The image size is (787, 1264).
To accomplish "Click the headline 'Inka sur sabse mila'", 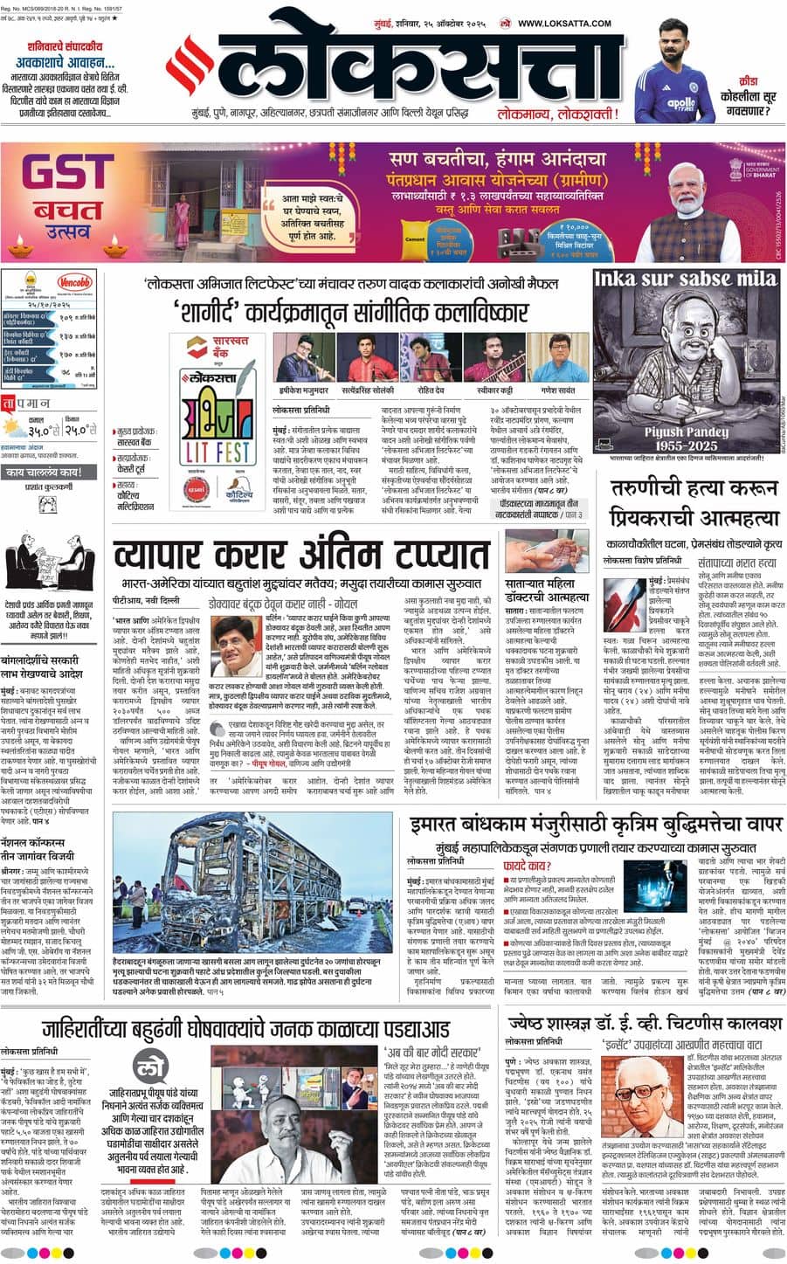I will coord(685,280).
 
